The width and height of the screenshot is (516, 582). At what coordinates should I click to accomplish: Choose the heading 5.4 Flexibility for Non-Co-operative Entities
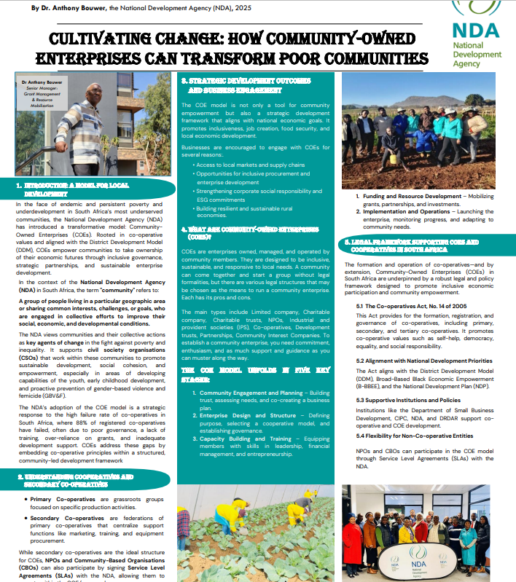pos(415,436)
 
